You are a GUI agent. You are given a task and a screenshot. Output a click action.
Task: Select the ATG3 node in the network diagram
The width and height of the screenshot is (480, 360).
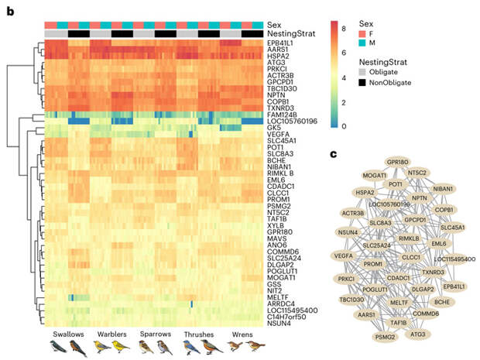click(x=418, y=334)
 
